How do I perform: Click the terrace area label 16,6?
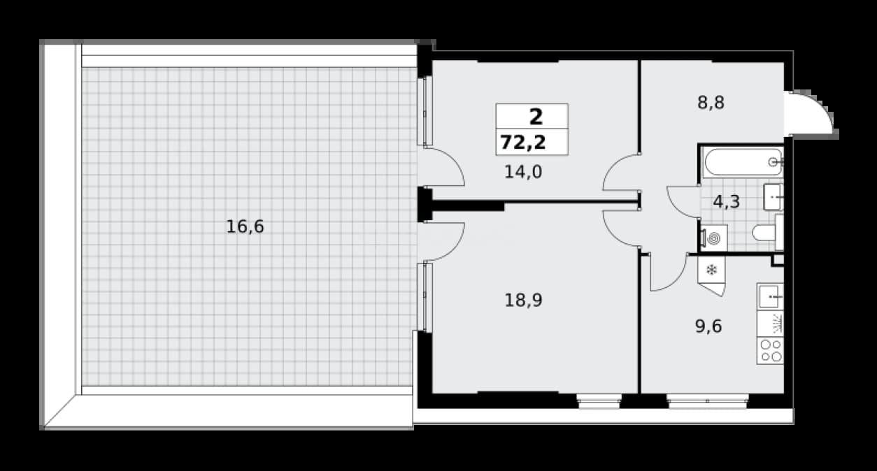point(245,227)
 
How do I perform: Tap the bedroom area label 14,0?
point(523,172)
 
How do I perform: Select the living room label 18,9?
point(523,300)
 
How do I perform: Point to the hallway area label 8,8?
point(711,103)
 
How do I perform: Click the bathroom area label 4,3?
point(726,202)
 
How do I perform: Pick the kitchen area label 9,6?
point(708,326)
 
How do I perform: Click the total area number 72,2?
point(523,143)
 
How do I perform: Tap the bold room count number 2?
point(536,117)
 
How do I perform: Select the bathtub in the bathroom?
point(743,162)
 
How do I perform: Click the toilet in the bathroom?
point(768,233)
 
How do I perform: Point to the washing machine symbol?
point(714,238)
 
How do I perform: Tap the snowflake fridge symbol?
point(711,270)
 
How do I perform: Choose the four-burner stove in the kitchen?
point(771,351)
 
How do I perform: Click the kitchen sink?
point(771,297)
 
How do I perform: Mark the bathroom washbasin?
point(773,197)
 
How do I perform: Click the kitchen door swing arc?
point(669,273)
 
